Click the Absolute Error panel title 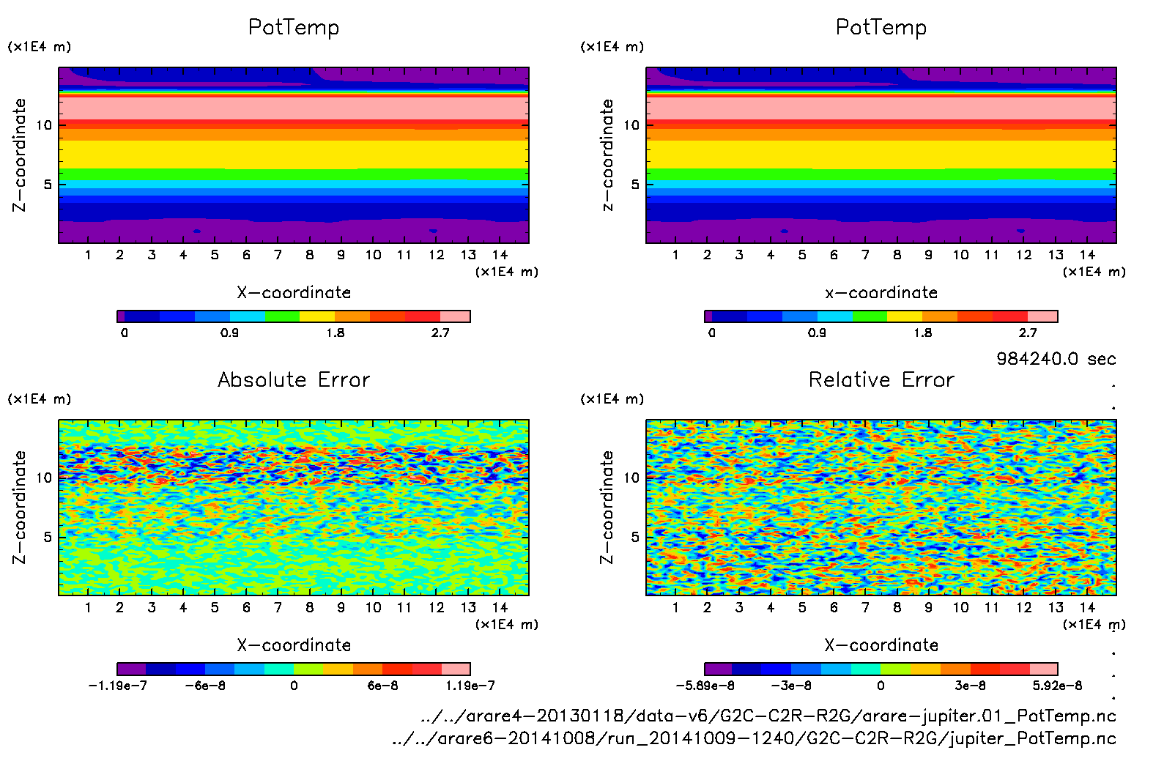pyautogui.click(x=294, y=379)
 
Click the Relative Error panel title pyautogui.click(x=881, y=379)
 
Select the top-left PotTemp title pyautogui.click(x=294, y=27)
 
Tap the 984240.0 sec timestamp pyautogui.click(x=1056, y=359)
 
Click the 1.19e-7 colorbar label pyautogui.click(x=470, y=686)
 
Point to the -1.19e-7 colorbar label pyautogui.click(x=117, y=686)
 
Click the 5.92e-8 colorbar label pyautogui.click(x=1057, y=686)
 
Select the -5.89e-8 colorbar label pyautogui.click(x=705, y=686)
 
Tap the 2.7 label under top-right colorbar pyautogui.click(x=1028, y=333)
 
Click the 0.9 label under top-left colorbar pyautogui.click(x=229, y=333)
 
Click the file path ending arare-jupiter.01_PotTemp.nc pyautogui.click(x=768, y=716)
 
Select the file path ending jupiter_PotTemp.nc pyautogui.click(x=754, y=738)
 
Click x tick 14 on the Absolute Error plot pyautogui.click(x=500, y=607)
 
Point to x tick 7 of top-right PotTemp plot pyautogui.click(x=865, y=255)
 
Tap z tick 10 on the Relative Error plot pyautogui.click(x=631, y=478)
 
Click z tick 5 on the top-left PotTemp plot pyautogui.click(x=48, y=184)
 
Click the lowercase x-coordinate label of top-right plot pyautogui.click(x=881, y=292)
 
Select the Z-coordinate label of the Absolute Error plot pyautogui.click(x=20, y=507)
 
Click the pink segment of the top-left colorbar pyautogui.click(x=455, y=316)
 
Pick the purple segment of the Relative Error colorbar pyautogui.click(x=718, y=669)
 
